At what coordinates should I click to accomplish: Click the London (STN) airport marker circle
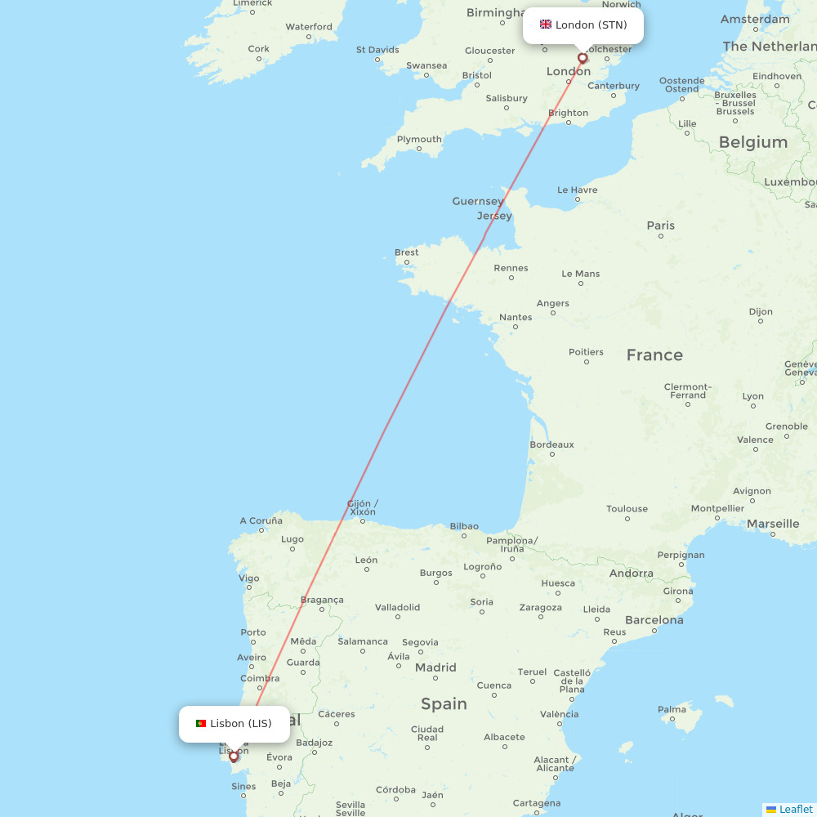click(x=583, y=58)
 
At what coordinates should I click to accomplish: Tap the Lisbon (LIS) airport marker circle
click(x=234, y=756)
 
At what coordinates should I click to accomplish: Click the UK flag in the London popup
click(x=545, y=25)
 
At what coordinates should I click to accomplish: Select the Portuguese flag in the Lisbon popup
click(x=201, y=723)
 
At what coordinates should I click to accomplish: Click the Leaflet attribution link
click(x=795, y=809)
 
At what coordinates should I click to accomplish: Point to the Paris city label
click(x=660, y=225)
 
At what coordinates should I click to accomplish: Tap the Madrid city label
click(x=435, y=667)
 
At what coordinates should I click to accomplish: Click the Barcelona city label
click(x=654, y=620)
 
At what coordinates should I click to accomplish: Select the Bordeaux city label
click(x=551, y=444)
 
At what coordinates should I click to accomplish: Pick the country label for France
click(x=654, y=355)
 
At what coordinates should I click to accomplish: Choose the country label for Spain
click(x=444, y=703)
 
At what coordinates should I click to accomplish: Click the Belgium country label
click(x=752, y=142)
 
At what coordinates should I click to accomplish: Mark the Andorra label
click(x=631, y=574)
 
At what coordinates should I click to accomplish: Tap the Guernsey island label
click(x=477, y=201)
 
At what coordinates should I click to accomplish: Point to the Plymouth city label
click(x=418, y=139)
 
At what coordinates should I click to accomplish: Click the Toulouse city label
click(x=627, y=509)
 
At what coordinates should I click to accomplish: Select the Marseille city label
click(x=772, y=524)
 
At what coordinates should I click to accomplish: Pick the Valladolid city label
click(x=397, y=607)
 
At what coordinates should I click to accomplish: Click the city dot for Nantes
click(x=516, y=327)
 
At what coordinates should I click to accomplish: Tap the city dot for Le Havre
click(x=578, y=199)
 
